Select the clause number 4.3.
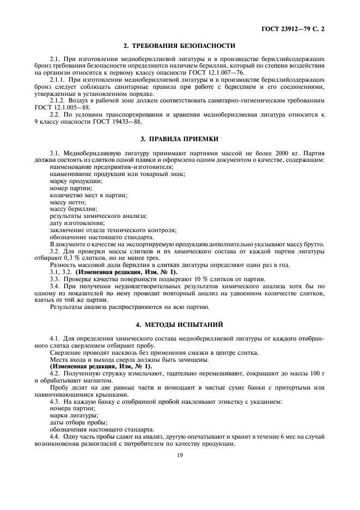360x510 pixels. pyautogui.click(x=54, y=401)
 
